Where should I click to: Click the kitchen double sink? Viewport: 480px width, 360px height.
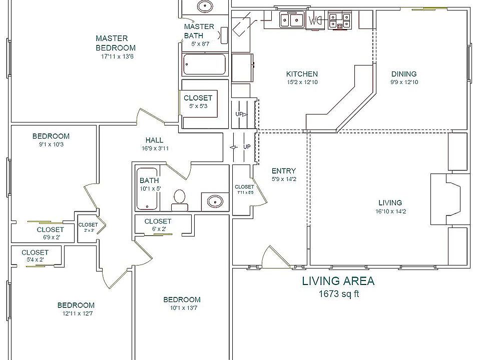292,20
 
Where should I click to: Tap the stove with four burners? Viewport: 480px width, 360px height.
340,20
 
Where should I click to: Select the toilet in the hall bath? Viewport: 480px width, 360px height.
179,199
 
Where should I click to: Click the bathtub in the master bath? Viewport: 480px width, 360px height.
204,64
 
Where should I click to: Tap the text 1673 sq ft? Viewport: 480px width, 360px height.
339,294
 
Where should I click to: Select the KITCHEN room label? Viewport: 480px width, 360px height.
302,74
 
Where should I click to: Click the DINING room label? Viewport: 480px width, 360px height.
403,74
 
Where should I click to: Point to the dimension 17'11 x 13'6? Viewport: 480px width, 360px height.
117,56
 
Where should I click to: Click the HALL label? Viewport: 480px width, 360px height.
154,140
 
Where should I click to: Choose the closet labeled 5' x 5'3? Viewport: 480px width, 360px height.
198,101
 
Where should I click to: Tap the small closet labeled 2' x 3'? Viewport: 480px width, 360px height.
88,227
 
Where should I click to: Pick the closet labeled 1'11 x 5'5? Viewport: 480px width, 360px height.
244,189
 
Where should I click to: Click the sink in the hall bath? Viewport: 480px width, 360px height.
215,201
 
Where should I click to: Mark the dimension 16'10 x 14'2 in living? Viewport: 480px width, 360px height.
390,211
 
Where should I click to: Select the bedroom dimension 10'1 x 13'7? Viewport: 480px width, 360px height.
182,307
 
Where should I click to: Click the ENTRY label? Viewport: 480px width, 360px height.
283,170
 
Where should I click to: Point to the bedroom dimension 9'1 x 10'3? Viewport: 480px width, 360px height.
51,144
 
